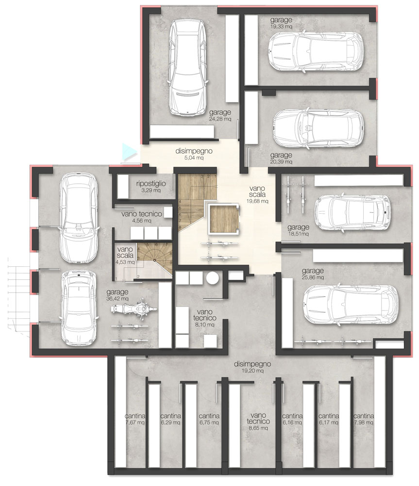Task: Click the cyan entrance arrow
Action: click(128, 152)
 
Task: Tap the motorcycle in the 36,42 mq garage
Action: click(134, 309)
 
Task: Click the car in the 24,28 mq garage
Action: click(187, 68)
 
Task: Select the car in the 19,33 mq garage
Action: click(315, 52)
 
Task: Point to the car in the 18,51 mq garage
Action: click(352, 213)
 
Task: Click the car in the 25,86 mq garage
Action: click(351, 305)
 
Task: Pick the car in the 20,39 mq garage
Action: click(318, 128)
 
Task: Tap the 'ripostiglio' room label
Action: click(151, 184)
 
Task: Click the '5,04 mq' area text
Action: click(194, 158)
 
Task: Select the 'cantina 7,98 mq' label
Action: click(364, 419)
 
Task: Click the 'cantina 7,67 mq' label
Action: click(135, 419)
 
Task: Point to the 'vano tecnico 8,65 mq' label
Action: click(258, 421)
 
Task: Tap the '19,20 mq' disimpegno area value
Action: click(252, 371)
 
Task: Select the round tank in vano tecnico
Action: click(213, 278)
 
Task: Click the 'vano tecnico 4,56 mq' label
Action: click(142, 217)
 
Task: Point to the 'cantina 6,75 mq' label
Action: click(209, 419)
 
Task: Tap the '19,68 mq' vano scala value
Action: click(257, 201)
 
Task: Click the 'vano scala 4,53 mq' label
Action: click(125, 256)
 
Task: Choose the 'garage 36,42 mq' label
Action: click(117, 295)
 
